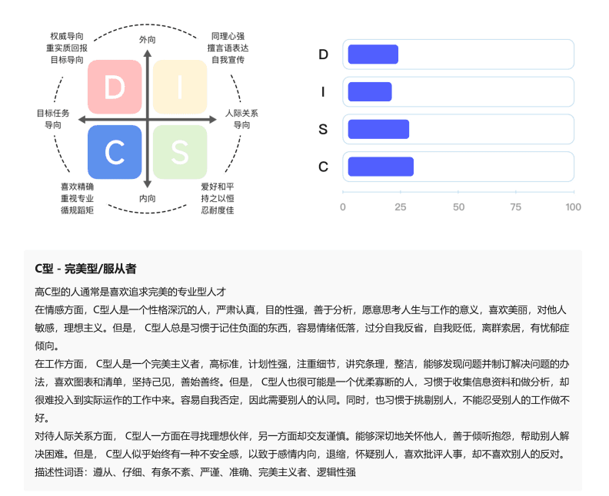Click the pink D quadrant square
(115, 87)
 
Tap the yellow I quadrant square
(180, 87)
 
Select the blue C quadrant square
(115, 152)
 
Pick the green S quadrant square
(180, 152)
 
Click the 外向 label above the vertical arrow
(147, 40)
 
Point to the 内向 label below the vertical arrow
(147, 199)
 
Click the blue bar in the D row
(373, 55)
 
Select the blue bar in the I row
(370, 92)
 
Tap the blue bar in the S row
(378, 129)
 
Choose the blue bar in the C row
(381, 167)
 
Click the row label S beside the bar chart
(323, 129)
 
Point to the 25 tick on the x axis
(401, 207)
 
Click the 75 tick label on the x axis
(516, 207)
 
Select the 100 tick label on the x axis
(574, 207)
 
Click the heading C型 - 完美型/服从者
(85, 269)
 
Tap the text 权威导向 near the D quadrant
(67, 36)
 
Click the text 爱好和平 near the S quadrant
(218, 187)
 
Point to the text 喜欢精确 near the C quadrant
(77, 187)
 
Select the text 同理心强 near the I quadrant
(228, 36)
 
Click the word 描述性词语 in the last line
(59, 472)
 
